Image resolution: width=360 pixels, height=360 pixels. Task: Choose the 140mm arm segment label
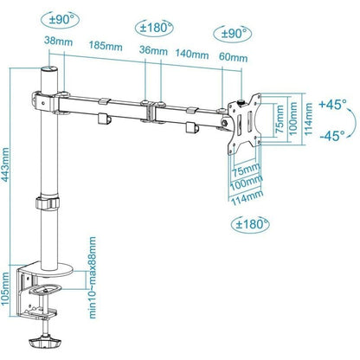coord(192,53)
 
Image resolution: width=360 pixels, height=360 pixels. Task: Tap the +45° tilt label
coord(332,104)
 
